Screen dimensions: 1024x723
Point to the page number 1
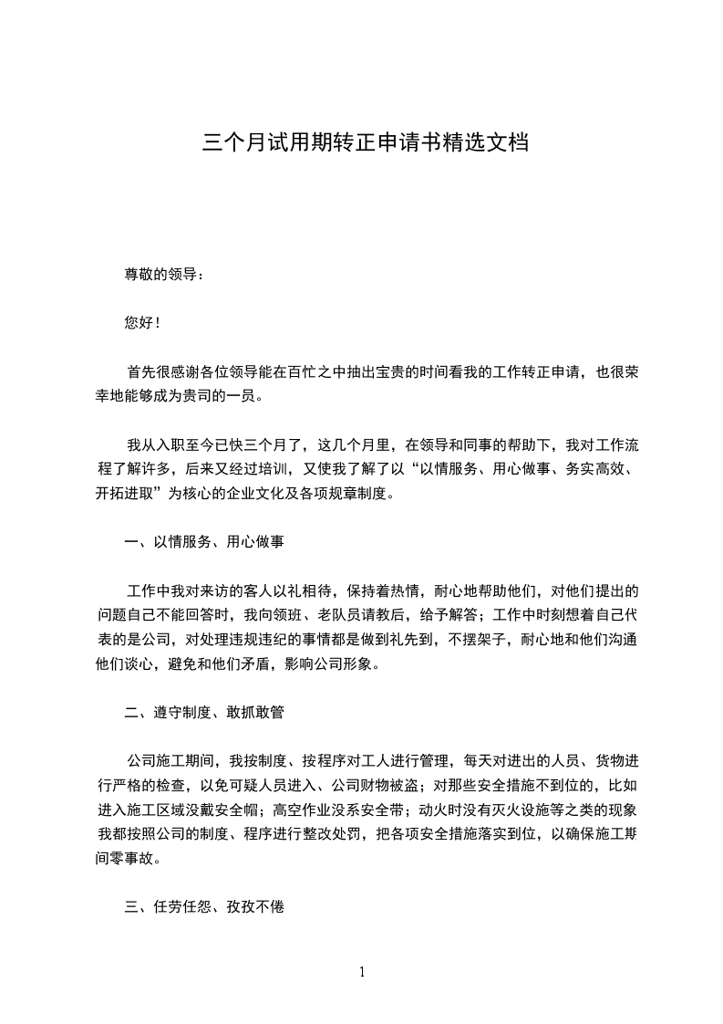click(x=362, y=971)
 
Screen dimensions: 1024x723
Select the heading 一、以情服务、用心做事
click(x=204, y=541)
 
